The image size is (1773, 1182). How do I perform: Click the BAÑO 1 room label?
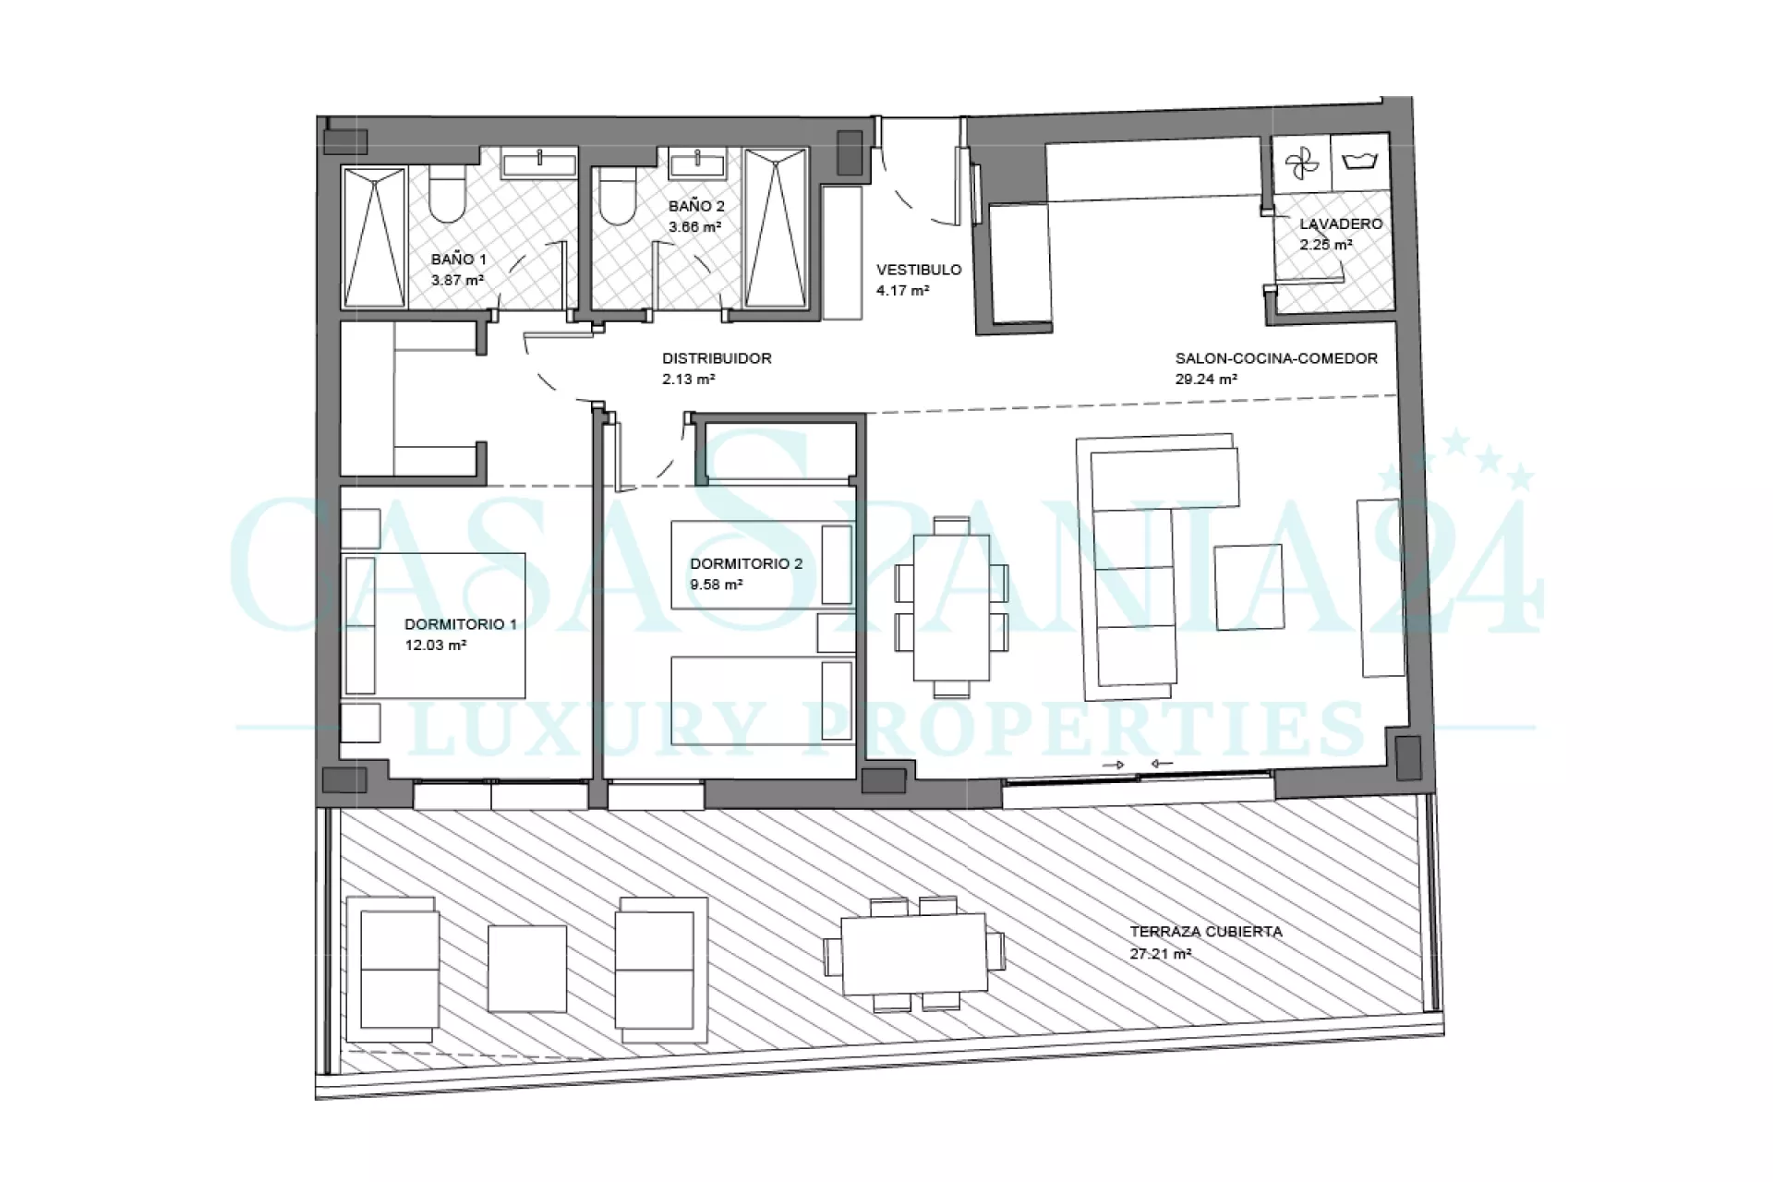[x=458, y=259]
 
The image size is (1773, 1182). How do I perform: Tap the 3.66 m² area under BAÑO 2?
[x=694, y=226]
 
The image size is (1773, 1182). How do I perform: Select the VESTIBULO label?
[x=919, y=270]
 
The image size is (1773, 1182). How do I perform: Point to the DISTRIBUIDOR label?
[x=717, y=358]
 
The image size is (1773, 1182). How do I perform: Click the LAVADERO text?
[x=1341, y=223]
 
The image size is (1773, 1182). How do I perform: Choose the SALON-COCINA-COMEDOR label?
[x=1276, y=358]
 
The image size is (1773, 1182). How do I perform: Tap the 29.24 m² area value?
[x=1206, y=379]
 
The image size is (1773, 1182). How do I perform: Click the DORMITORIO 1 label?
[x=461, y=624]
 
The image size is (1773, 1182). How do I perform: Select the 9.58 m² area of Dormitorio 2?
[x=717, y=585]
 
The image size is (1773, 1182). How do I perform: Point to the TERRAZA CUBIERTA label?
[x=1206, y=932]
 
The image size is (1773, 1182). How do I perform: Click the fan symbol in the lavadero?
[x=1302, y=165]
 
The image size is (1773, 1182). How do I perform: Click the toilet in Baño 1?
[x=449, y=195]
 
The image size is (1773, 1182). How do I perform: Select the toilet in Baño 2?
[x=617, y=195]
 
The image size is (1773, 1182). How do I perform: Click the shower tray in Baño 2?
[x=776, y=227]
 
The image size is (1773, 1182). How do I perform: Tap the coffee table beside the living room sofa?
[x=1248, y=587]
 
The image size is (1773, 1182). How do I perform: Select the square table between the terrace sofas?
[x=527, y=969]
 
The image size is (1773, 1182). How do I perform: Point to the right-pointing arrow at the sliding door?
[x=1115, y=765]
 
